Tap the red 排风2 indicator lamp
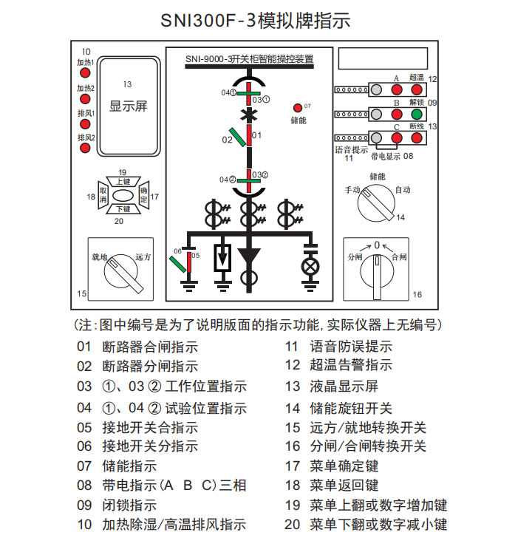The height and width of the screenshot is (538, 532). pyautogui.click(x=86, y=149)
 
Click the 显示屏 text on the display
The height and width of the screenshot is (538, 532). pyautogui.click(x=129, y=106)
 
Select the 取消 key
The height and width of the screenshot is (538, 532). pyautogui.click(x=103, y=196)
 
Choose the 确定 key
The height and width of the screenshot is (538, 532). pyautogui.click(x=143, y=196)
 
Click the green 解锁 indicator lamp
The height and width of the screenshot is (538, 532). pyautogui.click(x=417, y=115)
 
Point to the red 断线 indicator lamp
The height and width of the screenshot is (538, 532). pyautogui.click(x=417, y=138)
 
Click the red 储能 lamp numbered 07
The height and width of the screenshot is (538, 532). pyautogui.click(x=299, y=108)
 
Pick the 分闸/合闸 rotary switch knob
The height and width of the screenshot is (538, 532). pyautogui.click(x=376, y=271)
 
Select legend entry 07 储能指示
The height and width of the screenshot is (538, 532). pyautogui.click(x=129, y=466)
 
